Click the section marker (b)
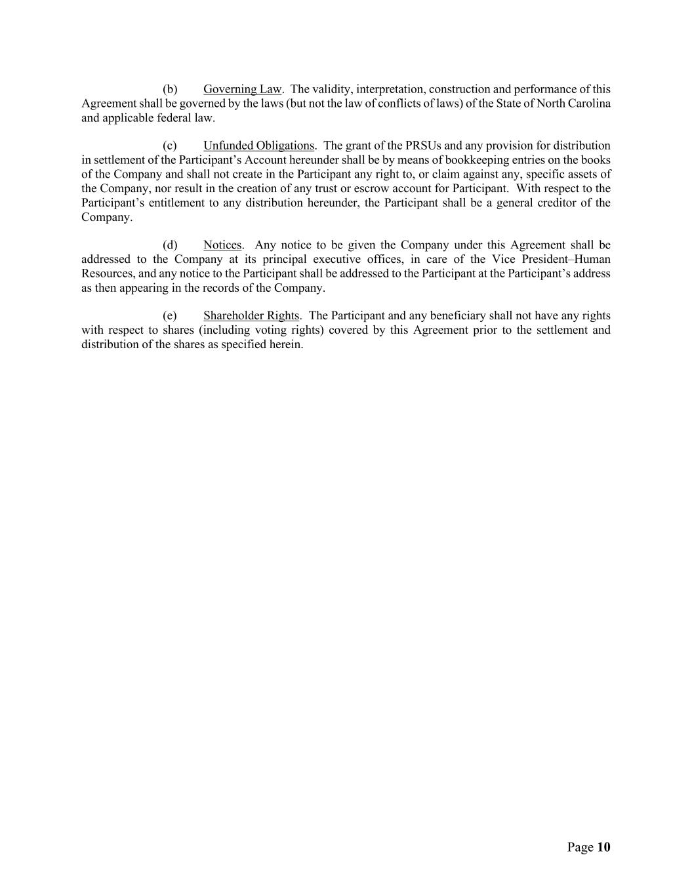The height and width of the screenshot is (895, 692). coord(170,89)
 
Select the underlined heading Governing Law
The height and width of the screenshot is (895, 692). coord(242,89)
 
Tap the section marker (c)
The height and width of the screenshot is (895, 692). coord(170,146)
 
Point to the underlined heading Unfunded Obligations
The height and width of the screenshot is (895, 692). coord(258,146)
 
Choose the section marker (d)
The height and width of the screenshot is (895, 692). coord(170,245)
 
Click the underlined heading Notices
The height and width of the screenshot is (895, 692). coord(222,245)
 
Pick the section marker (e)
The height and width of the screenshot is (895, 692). coord(170,316)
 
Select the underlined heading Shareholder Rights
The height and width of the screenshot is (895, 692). coord(251,316)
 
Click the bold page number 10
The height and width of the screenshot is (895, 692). coord(603,847)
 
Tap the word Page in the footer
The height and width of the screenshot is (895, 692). coord(580,847)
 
